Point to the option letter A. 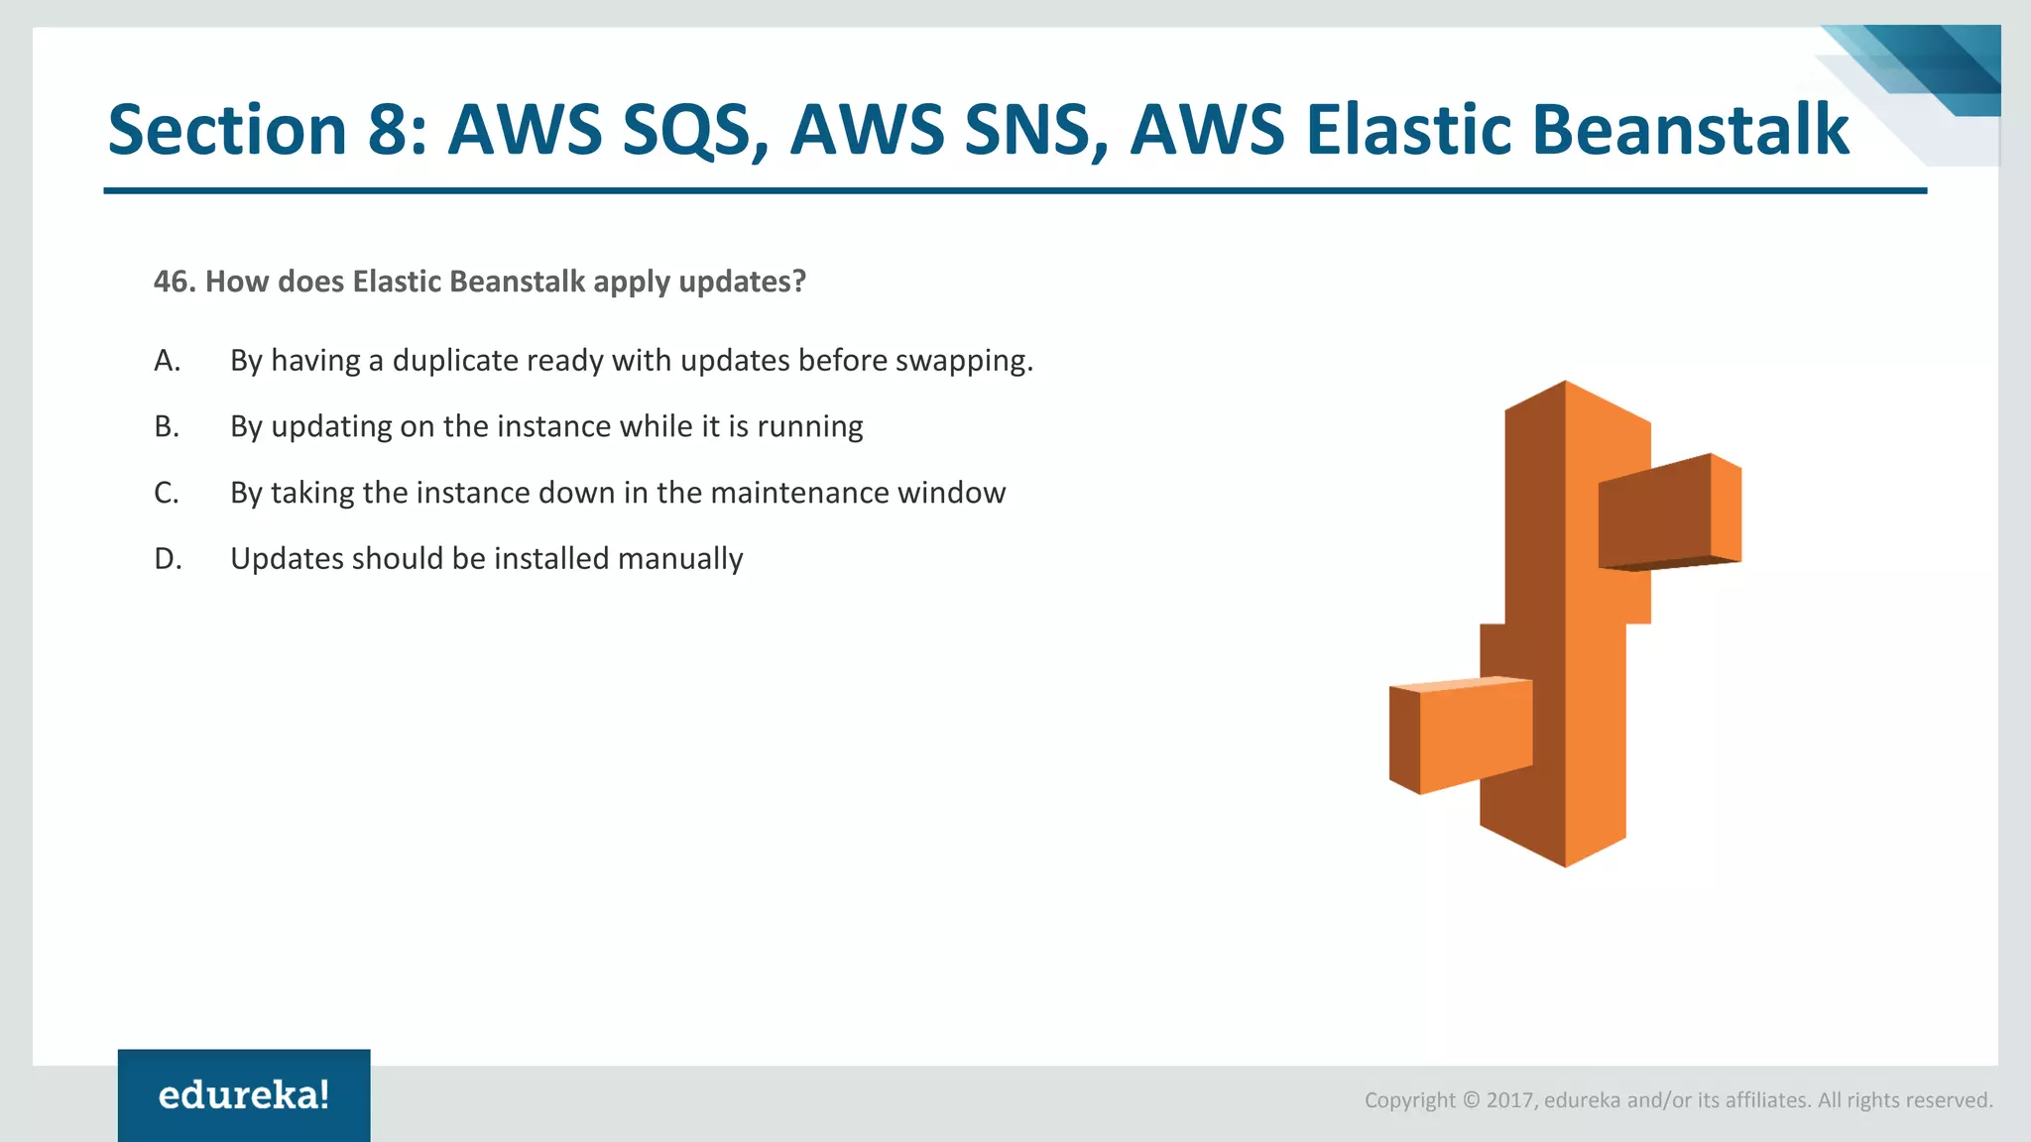167,360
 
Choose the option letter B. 167,426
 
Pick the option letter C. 167,493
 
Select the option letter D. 167,559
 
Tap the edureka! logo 244,1095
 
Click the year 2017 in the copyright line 1510,1100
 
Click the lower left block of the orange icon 1461,734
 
